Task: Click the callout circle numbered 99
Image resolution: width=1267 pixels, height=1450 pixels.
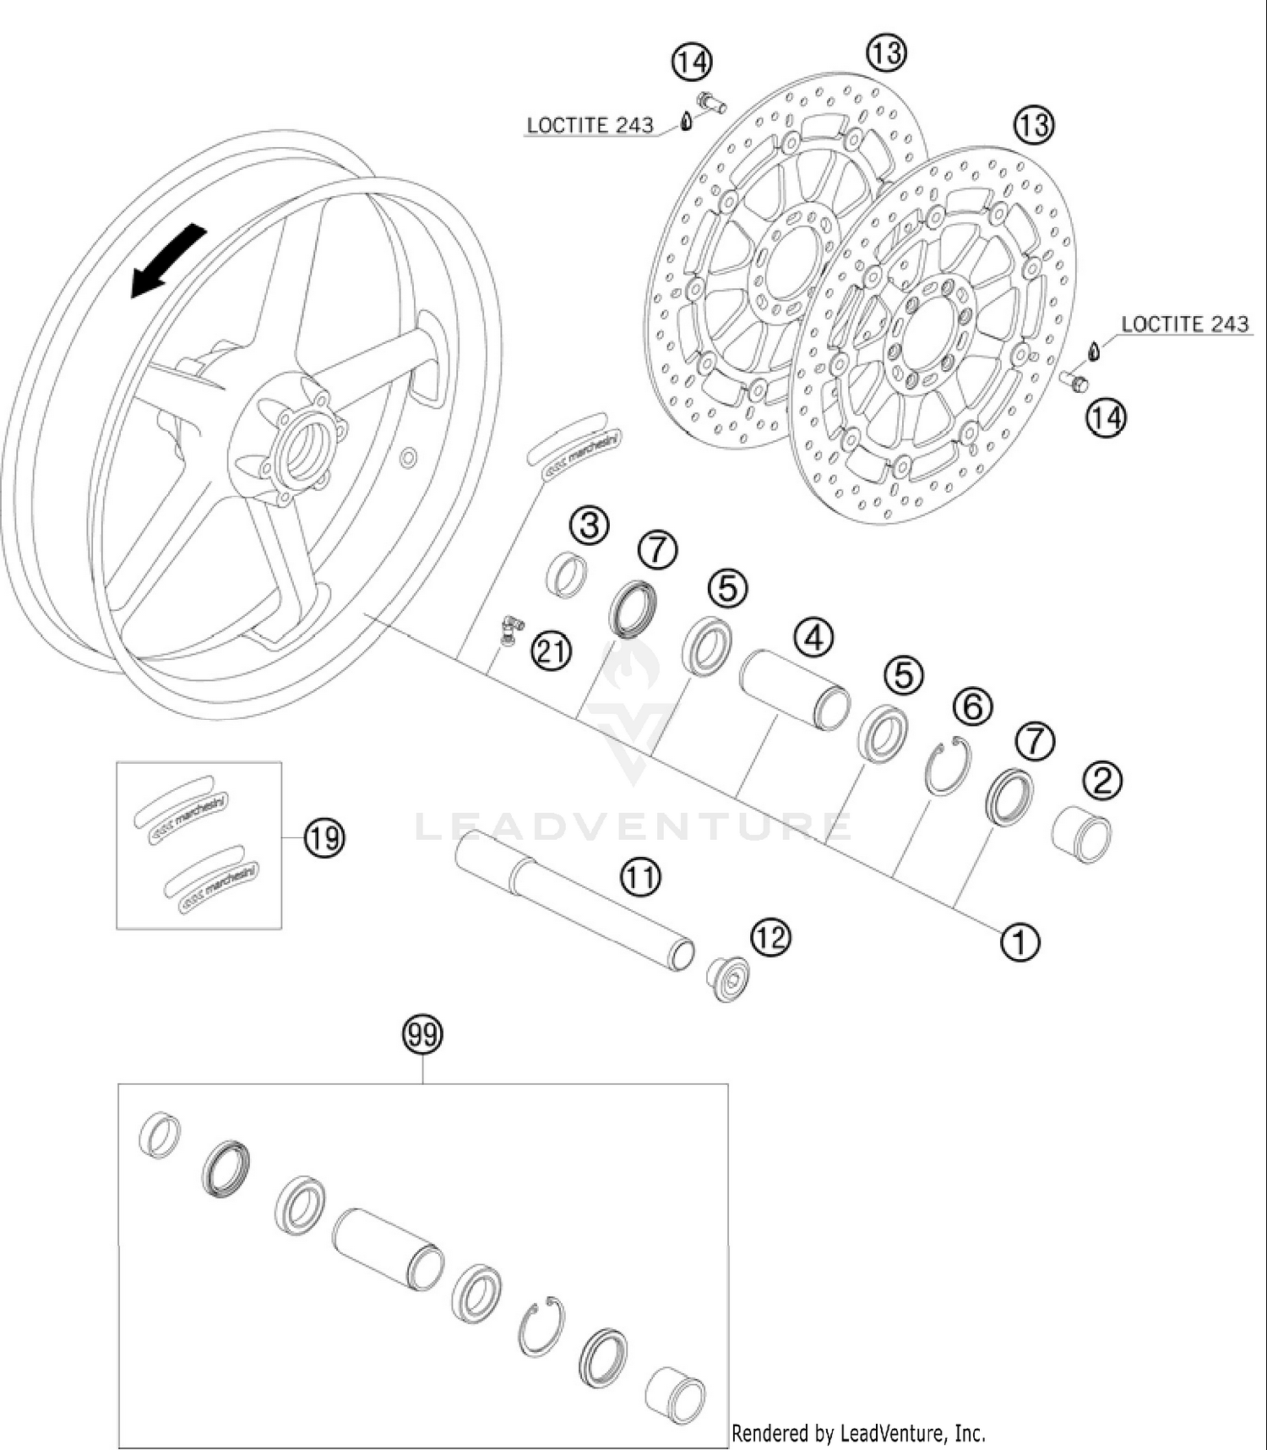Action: pyautogui.click(x=423, y=1034)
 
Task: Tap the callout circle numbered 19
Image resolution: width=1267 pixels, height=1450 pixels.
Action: pyautogui.click(x=324, y=838)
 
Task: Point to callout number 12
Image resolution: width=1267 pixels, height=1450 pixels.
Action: pyautogui.click(x=770, y=937)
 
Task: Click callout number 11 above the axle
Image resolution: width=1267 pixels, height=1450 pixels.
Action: pyautogui.click(x=640, y=877)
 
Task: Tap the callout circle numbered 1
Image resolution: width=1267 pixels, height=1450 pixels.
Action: pyautogui.click(x=1020, y=941)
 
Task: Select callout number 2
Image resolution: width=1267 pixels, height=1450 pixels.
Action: pyautogui.click(x=1103, y=781)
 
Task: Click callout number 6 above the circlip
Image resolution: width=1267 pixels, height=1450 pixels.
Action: pyautogui.click(x=973, y=706)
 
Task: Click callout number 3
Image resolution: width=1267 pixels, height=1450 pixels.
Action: pyautogui.click(x=589, y=526)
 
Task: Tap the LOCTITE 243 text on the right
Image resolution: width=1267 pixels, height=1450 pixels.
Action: pyautogui.click(x=1184, y=324)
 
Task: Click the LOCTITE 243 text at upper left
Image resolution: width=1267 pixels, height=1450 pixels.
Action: pyautogui.click(x=590, y=126)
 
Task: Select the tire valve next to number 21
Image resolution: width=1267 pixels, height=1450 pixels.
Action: pyautogui.click(x=509, y=630)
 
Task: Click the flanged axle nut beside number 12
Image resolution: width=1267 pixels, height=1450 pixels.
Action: pyautogui.click(x=728, y=978)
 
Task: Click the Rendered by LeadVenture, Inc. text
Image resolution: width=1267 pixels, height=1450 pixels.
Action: pyautogui.click(x=858, y=1433)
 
